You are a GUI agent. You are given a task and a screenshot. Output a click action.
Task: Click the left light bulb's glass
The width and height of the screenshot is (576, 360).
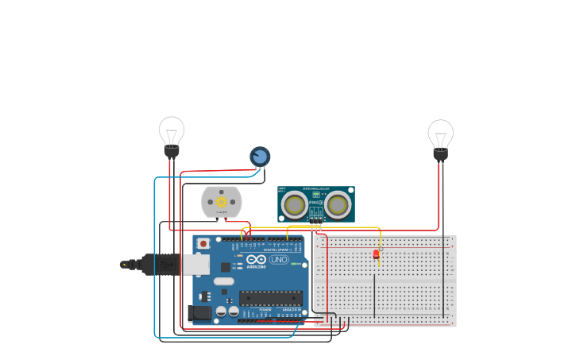click(172, 130)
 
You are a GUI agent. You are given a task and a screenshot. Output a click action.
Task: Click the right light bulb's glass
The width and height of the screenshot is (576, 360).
click(440, 133)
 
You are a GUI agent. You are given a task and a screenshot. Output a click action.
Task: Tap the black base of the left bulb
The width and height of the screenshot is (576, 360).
click(172, 151)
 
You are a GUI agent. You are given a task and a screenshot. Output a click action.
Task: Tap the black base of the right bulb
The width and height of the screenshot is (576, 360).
click(440, 154)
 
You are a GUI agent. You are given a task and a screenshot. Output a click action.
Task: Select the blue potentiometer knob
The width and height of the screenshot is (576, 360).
click(260, 157)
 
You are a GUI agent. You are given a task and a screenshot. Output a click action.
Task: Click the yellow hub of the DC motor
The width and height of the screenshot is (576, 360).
click(221, 202)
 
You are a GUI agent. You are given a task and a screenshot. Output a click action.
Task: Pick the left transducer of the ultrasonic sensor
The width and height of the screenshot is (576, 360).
click(295, 205)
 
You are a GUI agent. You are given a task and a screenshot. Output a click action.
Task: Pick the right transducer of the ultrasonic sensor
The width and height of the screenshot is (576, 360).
click(338, 205)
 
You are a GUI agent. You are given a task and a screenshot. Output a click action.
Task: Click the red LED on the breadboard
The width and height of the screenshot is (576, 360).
click(376, 254)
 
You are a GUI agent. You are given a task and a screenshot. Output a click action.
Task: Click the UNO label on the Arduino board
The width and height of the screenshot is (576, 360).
click(279, 259)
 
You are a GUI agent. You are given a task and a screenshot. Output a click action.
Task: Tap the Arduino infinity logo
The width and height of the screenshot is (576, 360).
click(256, 259)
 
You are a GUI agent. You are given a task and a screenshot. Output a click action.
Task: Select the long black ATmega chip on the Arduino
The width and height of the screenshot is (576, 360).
click(271, 298)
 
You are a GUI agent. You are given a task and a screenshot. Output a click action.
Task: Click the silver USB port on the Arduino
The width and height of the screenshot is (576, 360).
click(195, 265)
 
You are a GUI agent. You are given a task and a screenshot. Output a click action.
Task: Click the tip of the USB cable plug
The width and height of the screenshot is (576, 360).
click(125, 264)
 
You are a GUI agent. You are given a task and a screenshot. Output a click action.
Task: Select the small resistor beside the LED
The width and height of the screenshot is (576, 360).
click(381, 249)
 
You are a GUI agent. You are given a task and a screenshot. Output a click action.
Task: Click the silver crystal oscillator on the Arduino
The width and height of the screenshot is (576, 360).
click(224, 281)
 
